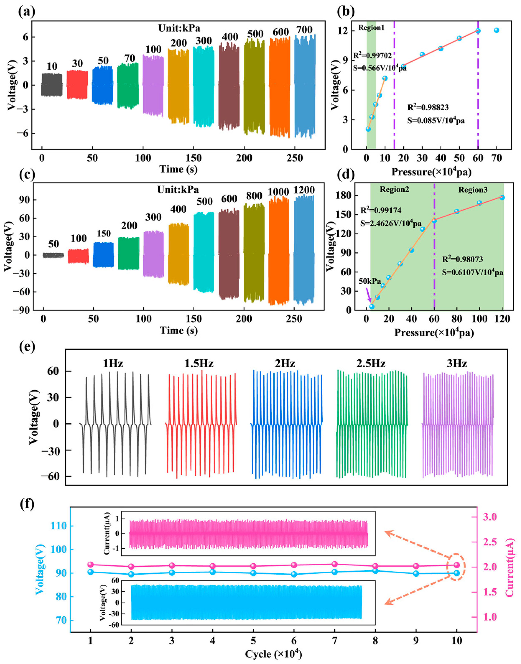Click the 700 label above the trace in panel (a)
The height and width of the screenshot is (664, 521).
[304, 30]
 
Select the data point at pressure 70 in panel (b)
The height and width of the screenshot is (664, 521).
[496, 30]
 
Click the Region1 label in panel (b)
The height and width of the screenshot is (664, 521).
[371, 28]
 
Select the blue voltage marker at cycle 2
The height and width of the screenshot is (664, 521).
[131, 574]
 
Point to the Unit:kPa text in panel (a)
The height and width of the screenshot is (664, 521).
[179, 28]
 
